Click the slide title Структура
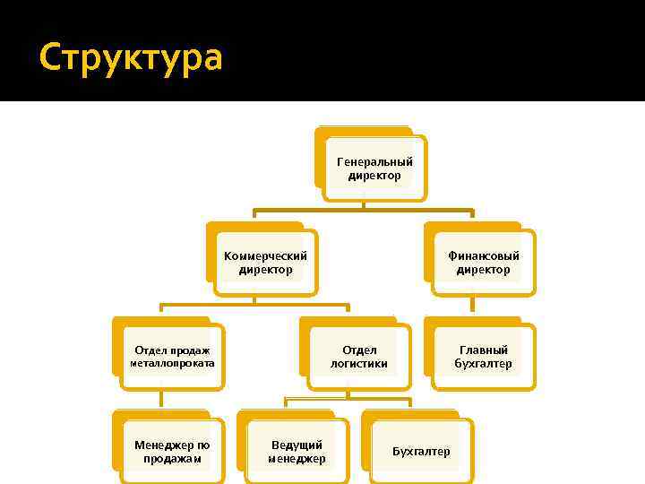click(131, 59)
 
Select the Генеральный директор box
click(374, 169)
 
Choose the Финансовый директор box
click(483, 263)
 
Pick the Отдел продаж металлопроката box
click(170, 357)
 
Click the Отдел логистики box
click(358, 357)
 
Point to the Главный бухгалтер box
click(483, 357)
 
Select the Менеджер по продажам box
click(171, 452)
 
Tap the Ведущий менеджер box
click(297, 452)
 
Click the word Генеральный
click(374, 162)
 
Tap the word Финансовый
click(483, 256)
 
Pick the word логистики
click(358, 364)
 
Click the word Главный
click(484, 350)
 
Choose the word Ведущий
click(297, 445)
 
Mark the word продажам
click(171, 459)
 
